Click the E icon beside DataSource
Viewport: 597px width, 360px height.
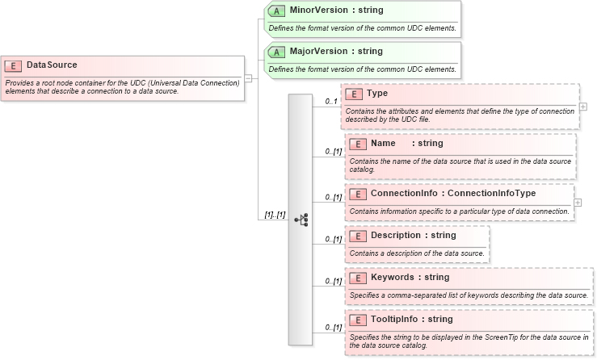coord(14,65)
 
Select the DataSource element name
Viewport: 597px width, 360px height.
coord(52,65)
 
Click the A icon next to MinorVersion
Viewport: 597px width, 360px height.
coord(276,11)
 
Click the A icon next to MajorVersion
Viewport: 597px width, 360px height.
coord(276,52)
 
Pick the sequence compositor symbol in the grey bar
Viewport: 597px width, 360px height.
coord(301,219)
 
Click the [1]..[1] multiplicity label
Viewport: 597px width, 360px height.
coord(275,215)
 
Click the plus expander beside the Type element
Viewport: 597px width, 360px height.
coord(582,107)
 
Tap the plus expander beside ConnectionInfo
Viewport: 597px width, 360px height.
coord(578,203)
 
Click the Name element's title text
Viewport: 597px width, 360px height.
coord(383,144)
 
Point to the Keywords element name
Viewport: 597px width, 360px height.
coord(393,278)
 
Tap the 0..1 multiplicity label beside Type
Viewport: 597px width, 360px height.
coord(330,102)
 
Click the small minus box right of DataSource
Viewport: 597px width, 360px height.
coord(249,78)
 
